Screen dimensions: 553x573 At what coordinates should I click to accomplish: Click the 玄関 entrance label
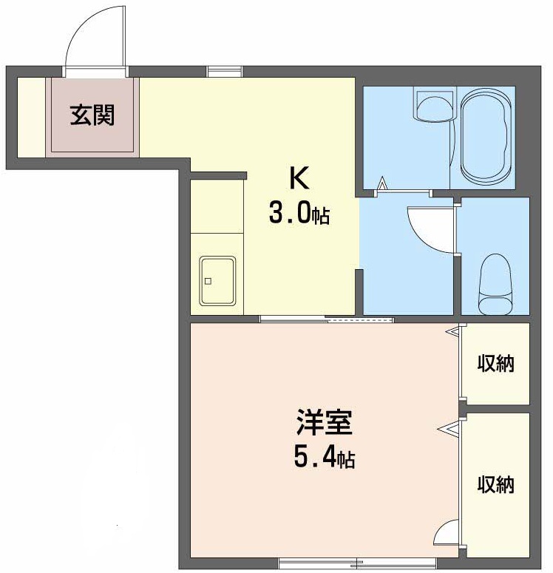(x=92, y=115)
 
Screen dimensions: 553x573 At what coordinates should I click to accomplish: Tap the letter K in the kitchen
(x=299, y=177)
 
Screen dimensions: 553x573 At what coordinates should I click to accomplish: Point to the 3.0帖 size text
(x=299, y=214)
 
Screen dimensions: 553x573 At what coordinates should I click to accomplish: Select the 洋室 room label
(x=325, y=422)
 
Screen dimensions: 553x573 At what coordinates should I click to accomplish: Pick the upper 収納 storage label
(x=495, y=363)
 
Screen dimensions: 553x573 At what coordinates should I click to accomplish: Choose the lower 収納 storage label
(x=495, y=484)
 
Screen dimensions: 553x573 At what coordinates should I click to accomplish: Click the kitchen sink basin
(x=217, y=281)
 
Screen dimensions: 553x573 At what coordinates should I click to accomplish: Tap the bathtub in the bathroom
(x=485, y=138)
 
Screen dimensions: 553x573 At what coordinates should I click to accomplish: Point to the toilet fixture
(x=495, y=284)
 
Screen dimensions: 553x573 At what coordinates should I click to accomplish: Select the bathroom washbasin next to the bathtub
(x=435, y=104)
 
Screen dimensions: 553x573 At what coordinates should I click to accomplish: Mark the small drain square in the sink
(x=208, y=281)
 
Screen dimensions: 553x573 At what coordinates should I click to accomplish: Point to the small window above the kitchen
(x=225, y=71)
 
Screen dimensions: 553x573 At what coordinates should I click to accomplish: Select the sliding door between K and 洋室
(x=327, y=319)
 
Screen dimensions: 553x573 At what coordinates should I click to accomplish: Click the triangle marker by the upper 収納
(x=452, y=331)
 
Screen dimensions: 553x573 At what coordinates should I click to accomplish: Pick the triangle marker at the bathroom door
(x=382, y=183)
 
